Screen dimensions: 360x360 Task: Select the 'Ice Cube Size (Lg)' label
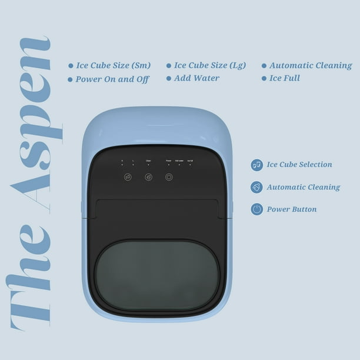[x=209, y=65]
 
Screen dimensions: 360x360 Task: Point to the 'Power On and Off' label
[x=112, y=79]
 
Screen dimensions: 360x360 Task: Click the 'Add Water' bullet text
[x=196, y=78]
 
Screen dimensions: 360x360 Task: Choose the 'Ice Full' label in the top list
[x=285, y=78]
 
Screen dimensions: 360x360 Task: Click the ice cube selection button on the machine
[x=128, y=176]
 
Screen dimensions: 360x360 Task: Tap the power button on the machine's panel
[x=169, y=176]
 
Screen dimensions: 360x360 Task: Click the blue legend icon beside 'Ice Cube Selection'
[x=256, y=165]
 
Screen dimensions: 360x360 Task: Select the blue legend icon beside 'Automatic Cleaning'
[x=256, y=187]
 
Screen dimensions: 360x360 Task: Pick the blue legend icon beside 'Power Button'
[x=256, y=209]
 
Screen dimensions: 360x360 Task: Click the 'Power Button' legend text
[x=291, y=209]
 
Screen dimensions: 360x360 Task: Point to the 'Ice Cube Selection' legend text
[x=299, y=165]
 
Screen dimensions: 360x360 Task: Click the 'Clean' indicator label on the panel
[x=149, y=160]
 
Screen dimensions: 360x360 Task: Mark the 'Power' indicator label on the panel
[x=168, y=160]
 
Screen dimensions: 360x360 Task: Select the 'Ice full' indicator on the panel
[x=190, y=160]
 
